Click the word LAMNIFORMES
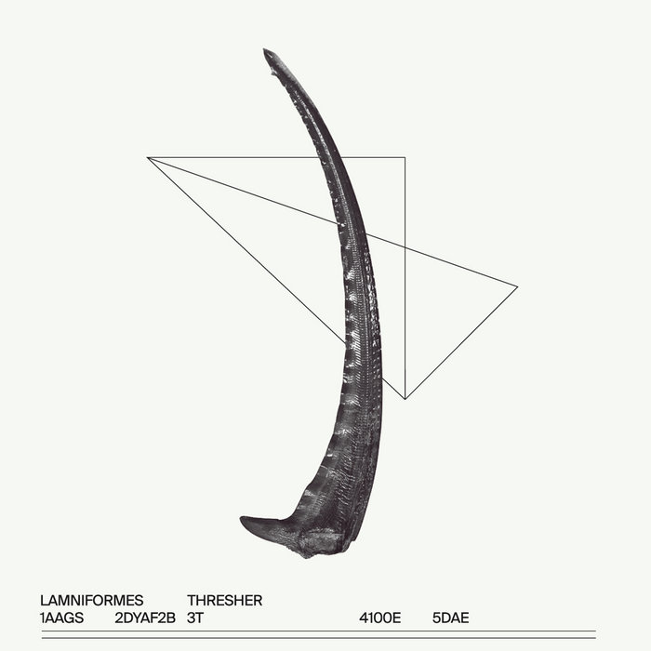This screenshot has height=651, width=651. tap(92, 601)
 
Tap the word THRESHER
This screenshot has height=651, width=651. tap(225, 601)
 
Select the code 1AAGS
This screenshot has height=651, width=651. tap(62, 618)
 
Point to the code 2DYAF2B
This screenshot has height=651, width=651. tap(145, 618)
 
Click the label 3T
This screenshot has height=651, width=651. tap(195, 618)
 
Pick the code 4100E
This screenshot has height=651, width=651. tap(379, 618)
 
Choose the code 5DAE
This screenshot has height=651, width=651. tap(450, 618)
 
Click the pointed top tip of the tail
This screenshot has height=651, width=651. tap(264, 49)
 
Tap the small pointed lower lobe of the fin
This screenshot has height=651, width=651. tap(242, 518)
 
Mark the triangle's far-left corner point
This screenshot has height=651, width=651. tap(147, 157)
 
